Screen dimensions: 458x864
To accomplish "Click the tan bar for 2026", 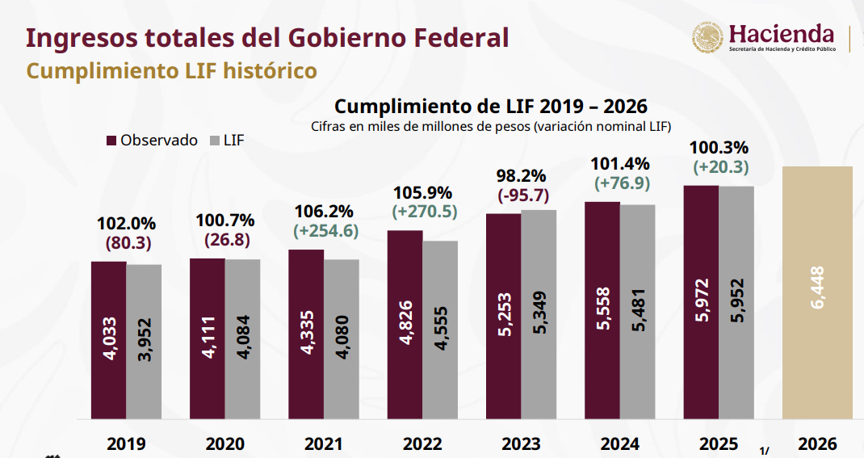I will (x=817, y=292).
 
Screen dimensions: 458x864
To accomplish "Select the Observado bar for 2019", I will (x=108, y=340).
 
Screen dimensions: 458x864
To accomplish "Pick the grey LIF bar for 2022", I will (x=440, y=330).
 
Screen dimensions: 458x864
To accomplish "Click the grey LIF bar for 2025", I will (x=736, y=303).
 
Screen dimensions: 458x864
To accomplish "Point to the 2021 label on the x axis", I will (x=323, y=443).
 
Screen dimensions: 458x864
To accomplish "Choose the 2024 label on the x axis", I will (x=620, y=443).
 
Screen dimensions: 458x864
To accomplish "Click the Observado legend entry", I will (x=152, y=140).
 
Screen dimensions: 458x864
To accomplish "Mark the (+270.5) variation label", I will (x=423, y=211).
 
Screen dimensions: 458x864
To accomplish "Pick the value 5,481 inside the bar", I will (x=638, y=312).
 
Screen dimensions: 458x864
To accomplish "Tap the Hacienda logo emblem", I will (x=708, y=38).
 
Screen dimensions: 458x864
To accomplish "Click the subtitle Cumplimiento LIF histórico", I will (x=171, y=71).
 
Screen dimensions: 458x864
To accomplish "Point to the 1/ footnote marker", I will (x=765, y=450).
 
